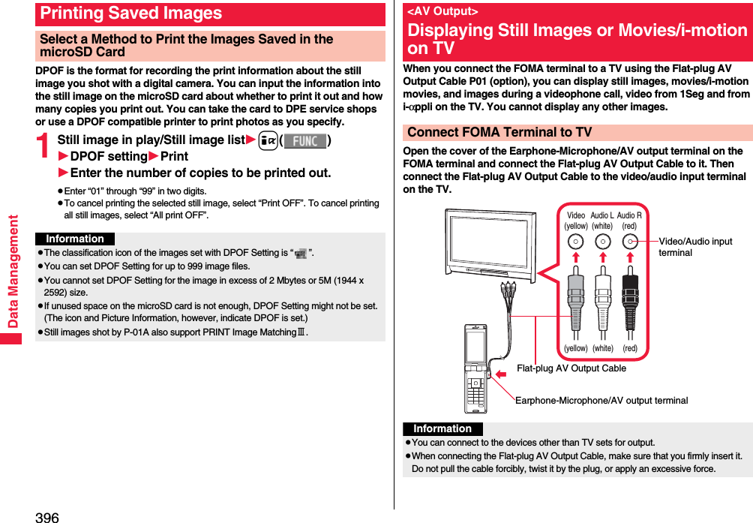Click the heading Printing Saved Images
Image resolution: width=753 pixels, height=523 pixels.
click(131, 14)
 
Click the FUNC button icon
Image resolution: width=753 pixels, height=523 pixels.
click(304, 140)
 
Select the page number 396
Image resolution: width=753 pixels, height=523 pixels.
click(46, 517)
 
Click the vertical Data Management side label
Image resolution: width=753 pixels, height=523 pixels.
click(13, 271)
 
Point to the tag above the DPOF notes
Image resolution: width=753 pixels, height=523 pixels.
click(75, 239)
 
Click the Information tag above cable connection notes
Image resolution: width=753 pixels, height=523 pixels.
click(442, 428)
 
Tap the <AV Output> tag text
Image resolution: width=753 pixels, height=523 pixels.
click(442, 11)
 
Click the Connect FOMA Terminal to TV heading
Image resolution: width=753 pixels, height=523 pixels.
click(499, 132)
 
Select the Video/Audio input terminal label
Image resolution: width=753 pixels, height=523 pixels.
click(695, 247)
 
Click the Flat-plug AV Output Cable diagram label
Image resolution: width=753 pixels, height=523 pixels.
click(571, 368)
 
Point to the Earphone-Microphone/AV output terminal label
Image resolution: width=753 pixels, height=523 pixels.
click(601, 400)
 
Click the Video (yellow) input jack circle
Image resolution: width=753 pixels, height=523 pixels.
click(576, 242)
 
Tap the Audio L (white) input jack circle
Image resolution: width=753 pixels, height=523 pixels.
click(602, 242)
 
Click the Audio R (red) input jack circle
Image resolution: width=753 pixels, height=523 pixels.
click(630, 242)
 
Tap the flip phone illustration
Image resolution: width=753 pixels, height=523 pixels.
click(475, 368)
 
